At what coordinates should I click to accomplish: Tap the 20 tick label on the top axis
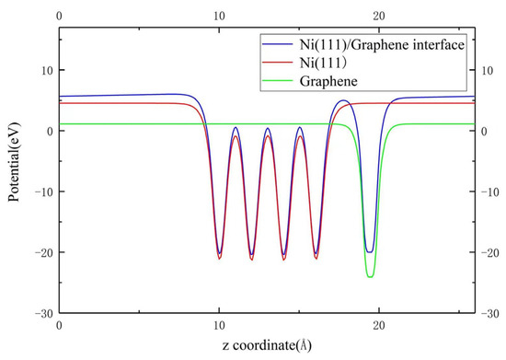[x=378, y=16]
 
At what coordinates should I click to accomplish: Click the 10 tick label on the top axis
[x=219, y=16]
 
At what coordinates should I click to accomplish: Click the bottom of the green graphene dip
[x=370, y=276]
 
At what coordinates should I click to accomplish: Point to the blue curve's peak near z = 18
[x=343, y=100]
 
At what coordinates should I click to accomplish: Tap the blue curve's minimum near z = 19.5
[x=370, y=251]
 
